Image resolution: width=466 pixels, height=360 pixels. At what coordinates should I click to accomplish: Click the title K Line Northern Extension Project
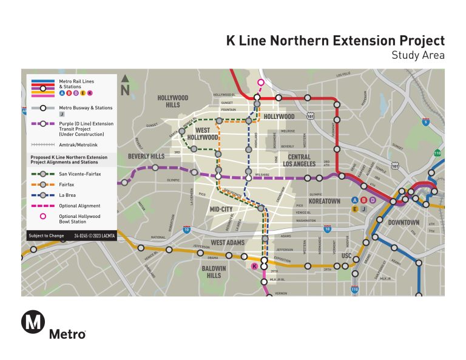[335, 41]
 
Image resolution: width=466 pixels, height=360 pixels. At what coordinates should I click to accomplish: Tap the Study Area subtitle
[418, 55]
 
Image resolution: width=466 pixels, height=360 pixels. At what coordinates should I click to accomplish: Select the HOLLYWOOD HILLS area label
[173, 101]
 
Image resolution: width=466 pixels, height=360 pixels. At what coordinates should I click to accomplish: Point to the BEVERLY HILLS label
[147, 157]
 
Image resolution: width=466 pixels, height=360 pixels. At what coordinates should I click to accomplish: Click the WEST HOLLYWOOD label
[206, 134]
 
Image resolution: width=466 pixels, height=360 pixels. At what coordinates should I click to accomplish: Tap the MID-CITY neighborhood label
[221, 209]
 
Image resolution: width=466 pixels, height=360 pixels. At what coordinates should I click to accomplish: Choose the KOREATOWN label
[325, 200]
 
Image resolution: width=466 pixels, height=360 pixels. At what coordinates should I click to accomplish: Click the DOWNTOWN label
[404, 222]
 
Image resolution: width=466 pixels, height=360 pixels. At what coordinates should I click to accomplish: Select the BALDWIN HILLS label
[214, 271]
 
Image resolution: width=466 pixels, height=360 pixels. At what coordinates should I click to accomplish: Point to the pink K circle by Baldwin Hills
[254, 266]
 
